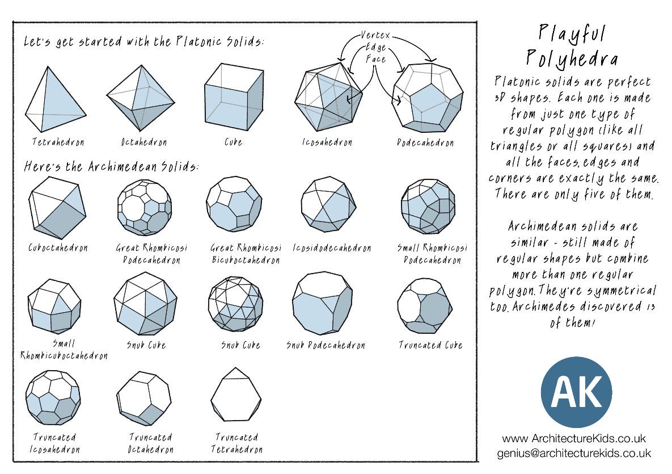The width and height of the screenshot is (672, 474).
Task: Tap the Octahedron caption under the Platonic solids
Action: point(144,141)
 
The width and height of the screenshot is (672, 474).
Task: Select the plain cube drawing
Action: point(233,97)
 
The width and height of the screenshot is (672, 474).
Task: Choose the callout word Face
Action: point(375,59)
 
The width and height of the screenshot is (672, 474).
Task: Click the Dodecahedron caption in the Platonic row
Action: point(425,142)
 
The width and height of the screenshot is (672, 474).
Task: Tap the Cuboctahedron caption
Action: point(58,248)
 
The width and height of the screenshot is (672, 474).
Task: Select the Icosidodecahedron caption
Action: point(332,248)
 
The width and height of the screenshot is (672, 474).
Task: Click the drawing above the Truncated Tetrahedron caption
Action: point(236,394)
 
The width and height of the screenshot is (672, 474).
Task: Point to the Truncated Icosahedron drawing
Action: point(53,397)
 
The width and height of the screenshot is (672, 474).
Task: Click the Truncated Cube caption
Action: point(430,345)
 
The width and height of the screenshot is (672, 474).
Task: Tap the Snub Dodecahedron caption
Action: point(325,345)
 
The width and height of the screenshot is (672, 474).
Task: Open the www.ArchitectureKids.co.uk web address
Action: point(574,439)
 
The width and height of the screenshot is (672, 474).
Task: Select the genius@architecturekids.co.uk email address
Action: point(574,454)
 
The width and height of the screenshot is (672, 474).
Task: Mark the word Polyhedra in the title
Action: point(572,58)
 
